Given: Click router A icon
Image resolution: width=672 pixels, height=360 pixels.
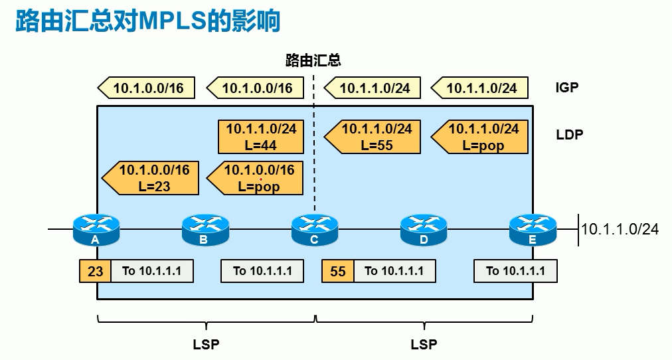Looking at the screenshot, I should click(x=96, y=228).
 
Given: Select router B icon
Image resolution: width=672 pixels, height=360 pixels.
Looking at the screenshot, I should click(x=205, y=228).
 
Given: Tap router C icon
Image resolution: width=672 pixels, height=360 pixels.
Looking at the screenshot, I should click(x=314, y=228).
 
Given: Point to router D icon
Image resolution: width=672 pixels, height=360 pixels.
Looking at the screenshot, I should click(x=423, y=228).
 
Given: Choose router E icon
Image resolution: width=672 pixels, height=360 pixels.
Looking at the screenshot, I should click(x=532, y=228).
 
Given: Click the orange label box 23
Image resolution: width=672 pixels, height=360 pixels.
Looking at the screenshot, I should click(x=95, y=271).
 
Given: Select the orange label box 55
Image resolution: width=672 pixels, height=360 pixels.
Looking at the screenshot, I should click(x=338, y=271).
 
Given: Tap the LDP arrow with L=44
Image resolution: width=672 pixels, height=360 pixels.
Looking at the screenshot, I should click(x=261, y=137).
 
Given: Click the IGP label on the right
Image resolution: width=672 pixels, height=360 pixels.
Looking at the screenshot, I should click(x=566, y=87).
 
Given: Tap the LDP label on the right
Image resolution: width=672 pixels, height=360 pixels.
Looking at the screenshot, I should click(x=569, y=135).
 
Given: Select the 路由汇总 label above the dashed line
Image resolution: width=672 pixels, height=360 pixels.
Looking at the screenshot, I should click(x=313, y=61).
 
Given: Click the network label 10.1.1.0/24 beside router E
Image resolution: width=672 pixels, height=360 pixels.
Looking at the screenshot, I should click(x=620, y=229).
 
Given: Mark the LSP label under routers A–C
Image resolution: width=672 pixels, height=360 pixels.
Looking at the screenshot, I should click(x=206, y=344).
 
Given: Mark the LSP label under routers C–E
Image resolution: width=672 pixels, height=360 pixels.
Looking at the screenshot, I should click(x=424, y=344).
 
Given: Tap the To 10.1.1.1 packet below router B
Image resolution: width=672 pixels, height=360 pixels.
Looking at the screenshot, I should click(x=263, y=271).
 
